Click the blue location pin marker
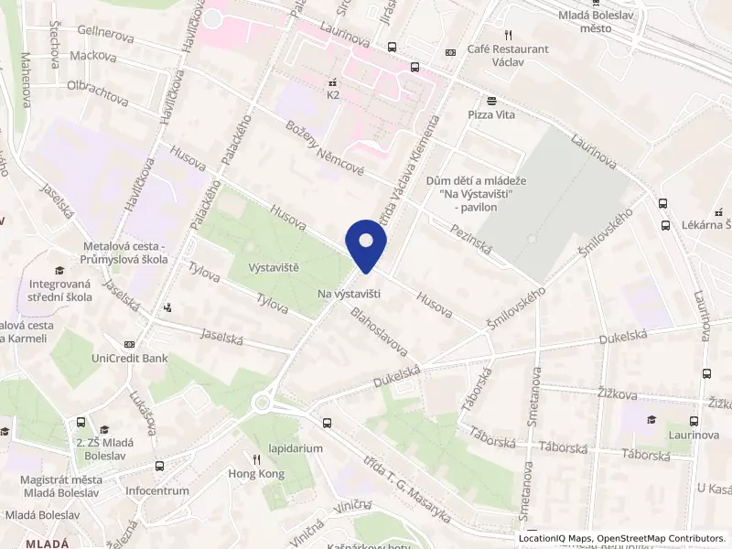click(x=366, y=245)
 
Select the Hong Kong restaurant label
click(x=257, y=474)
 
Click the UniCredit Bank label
click(x=129, y=358)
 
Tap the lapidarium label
click(x=296, y=449)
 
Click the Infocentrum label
click(x=157, y=490)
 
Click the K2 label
click(x=333, y=94)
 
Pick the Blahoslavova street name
click(x=379, y=330)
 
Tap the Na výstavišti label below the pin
click(x=349, y=294)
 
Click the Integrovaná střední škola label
click(x=59, y=292)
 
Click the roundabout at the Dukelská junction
click(x=264, y=401)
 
